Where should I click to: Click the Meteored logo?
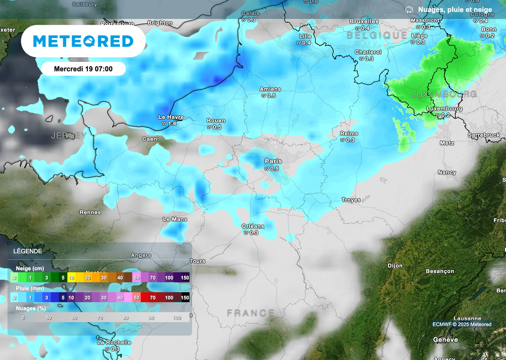click(83, 41)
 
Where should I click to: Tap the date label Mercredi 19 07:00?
click(83, 69)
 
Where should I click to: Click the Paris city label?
click(273, 161)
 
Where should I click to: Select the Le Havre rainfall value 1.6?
click(172, 124)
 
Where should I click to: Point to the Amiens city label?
click(270, 89)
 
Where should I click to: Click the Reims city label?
click(349, 134)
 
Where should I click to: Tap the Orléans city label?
click(253, 226)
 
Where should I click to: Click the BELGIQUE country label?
click(377, 36)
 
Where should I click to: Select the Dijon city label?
click(395, 266)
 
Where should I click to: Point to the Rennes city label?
click(90, 212)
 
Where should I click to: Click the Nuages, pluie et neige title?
click(455, 9)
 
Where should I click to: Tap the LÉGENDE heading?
click(28, 251)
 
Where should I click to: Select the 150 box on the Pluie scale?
click(184, 298)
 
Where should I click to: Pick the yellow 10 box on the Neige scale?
click(72, 278)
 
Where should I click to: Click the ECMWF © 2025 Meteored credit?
click(462, 324)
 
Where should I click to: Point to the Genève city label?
click(445, 340)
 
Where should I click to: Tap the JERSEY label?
click(68, 135)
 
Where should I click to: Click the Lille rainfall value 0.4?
click(306, 43)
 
